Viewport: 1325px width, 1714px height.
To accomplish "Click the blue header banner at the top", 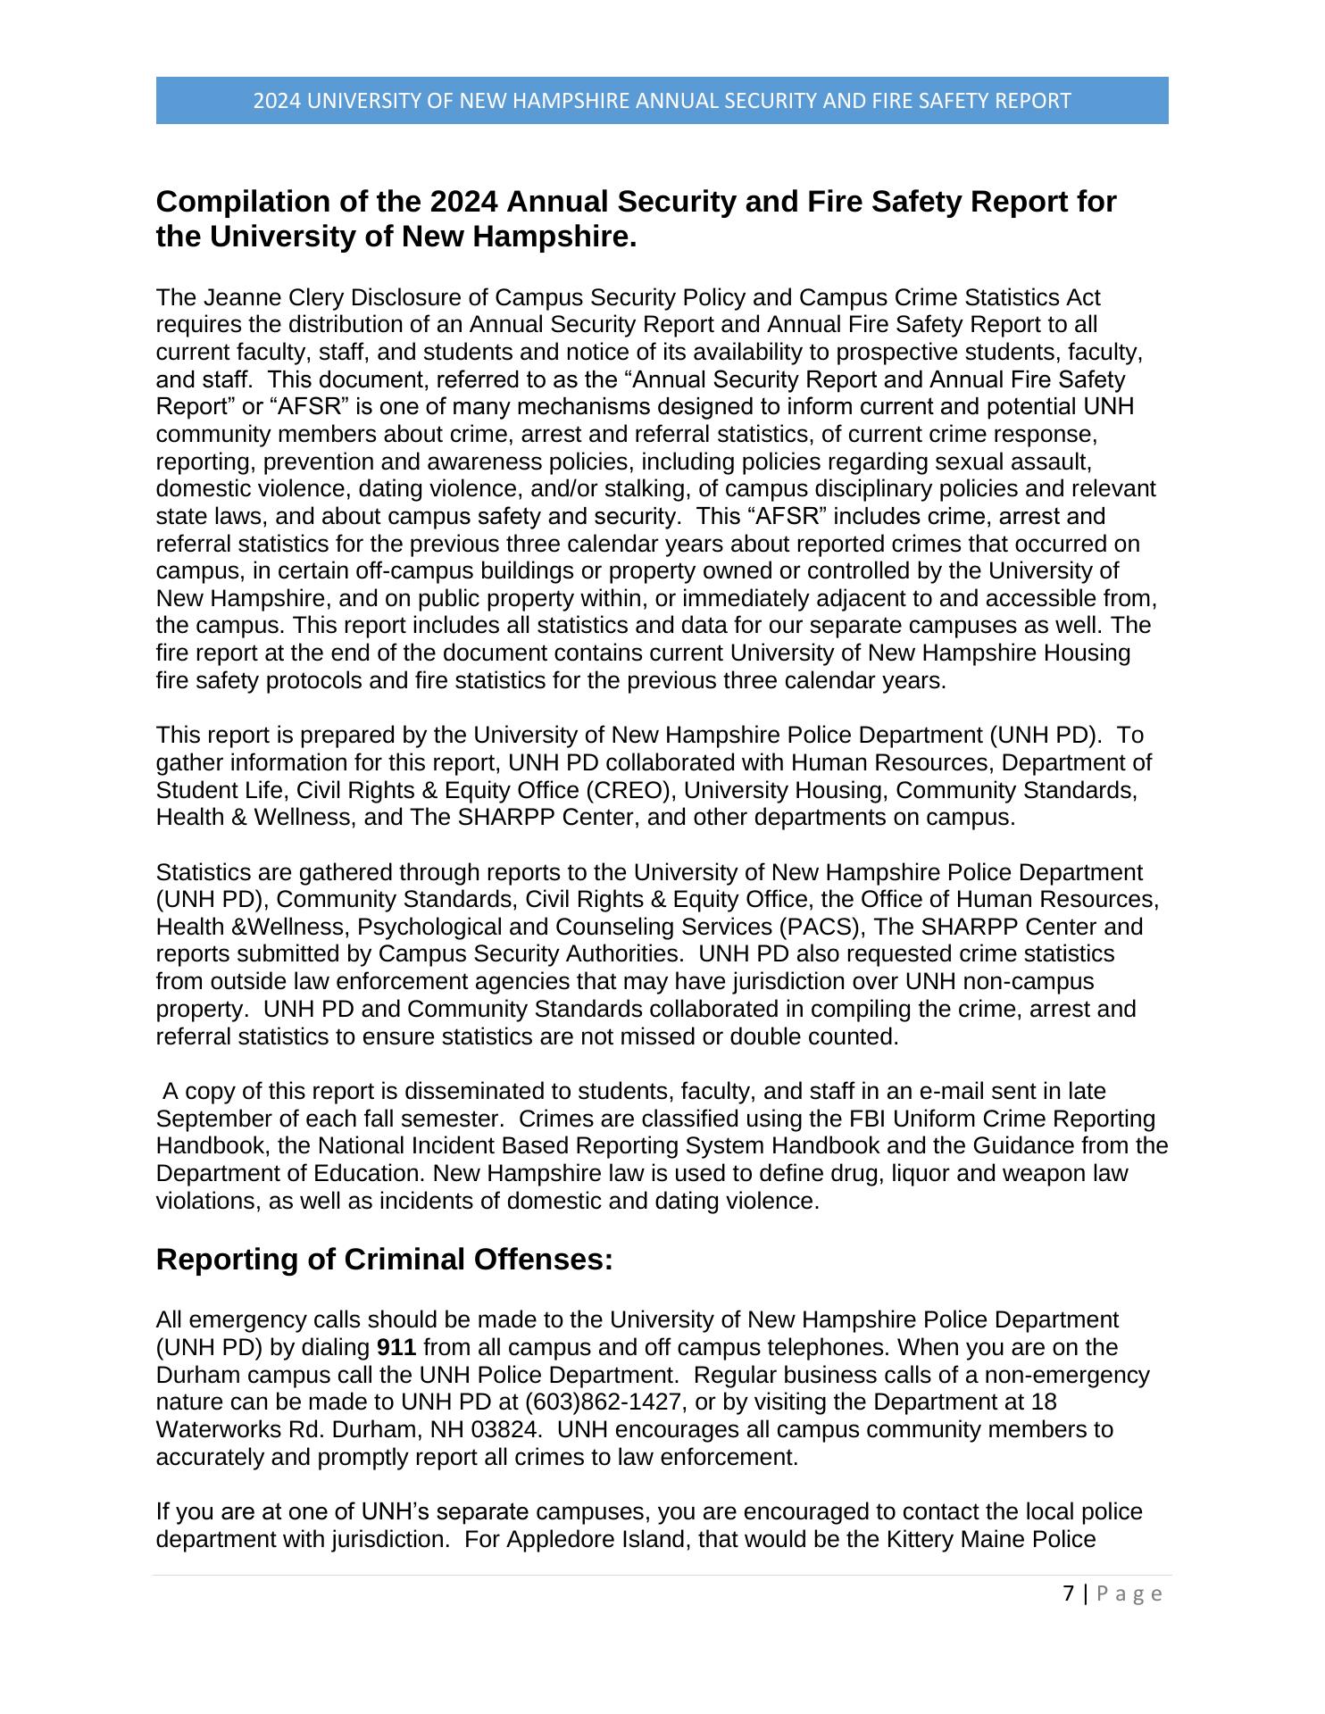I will [x=662, y=100].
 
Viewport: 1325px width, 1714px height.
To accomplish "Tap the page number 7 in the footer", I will [x=1069, y=1593].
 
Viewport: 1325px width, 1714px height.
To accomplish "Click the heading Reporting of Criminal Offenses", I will [x=385, y=1260].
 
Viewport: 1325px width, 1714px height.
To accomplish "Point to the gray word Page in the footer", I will [x=1129, y=1593].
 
